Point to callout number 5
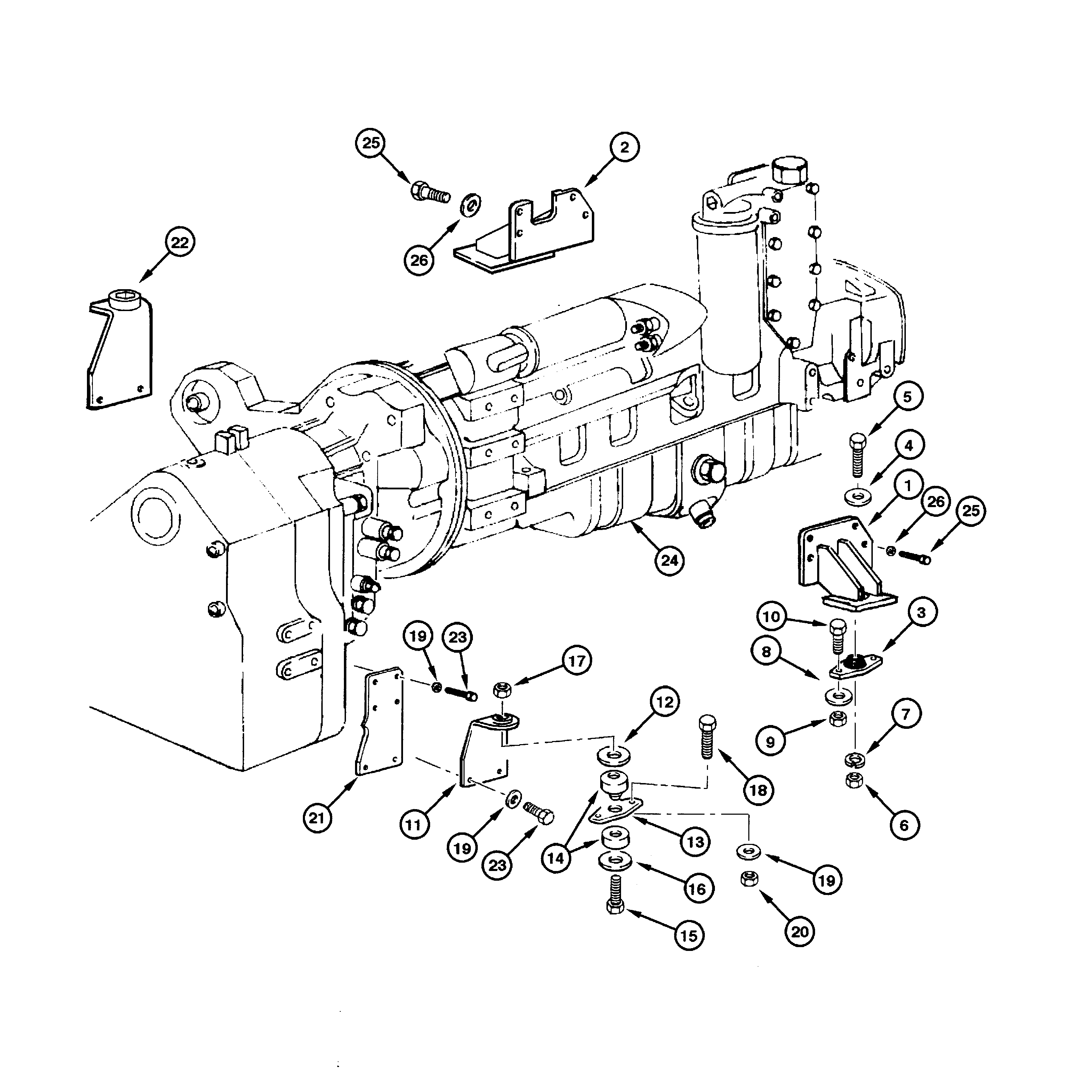(x=907, y=396)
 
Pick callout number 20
(x=800, y=932)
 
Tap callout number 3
(x=921, y=613)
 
